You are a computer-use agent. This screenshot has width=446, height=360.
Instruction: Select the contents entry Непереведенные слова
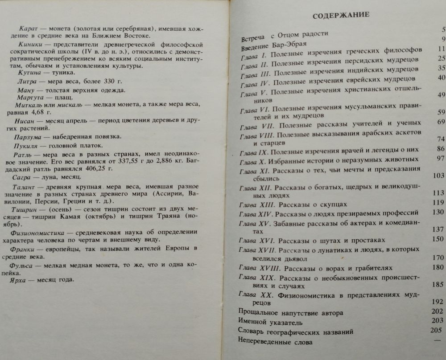pos(276,342)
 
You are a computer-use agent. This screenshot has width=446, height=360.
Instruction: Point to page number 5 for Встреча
pos(443,30)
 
